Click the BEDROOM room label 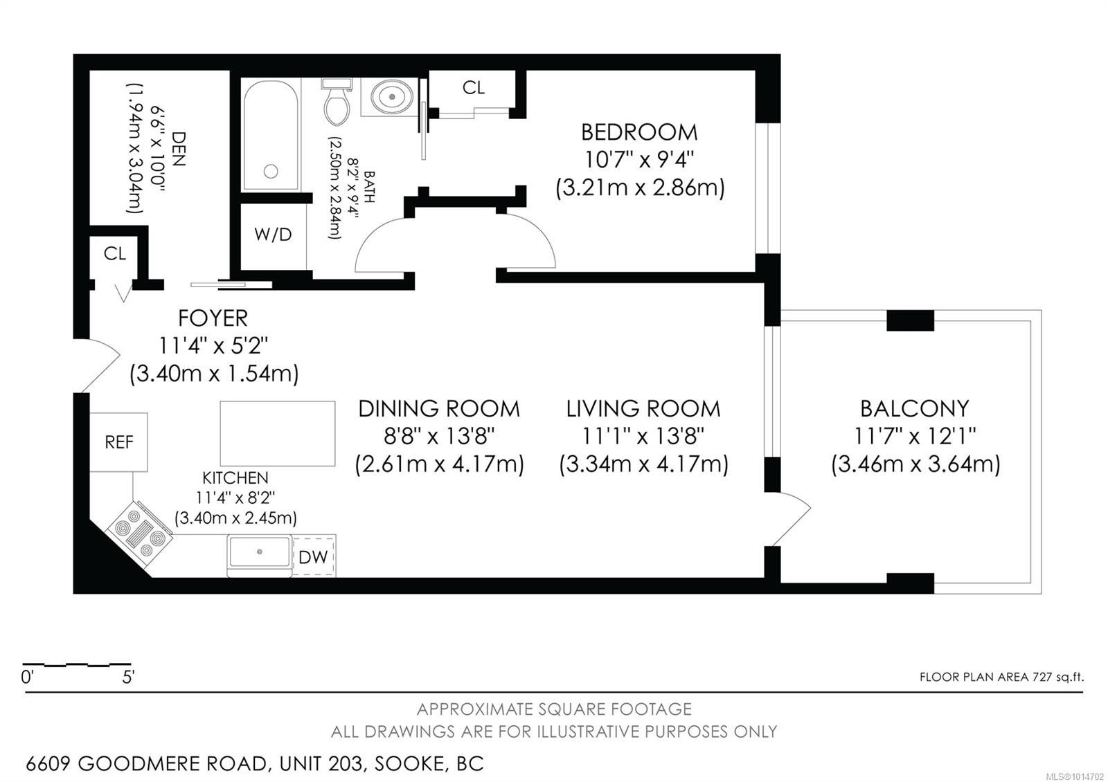(x=638, y=132)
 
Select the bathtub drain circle (x=271, y=171)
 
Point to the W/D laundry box (x=273, y=235)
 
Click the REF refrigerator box (x=119, y=442)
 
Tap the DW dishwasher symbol (x=313, y=557)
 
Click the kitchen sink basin (x=260, y=552)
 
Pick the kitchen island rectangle (x=278, y=434)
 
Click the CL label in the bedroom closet (x=474, y=88)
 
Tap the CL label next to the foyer (x=115, y=254)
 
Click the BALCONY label (x=914, y=409)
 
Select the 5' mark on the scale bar (x=128, y=676)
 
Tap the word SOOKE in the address (x=406, y=764)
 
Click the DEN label (x=177, y=149)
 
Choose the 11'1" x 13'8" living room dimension (x=643, y=436)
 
